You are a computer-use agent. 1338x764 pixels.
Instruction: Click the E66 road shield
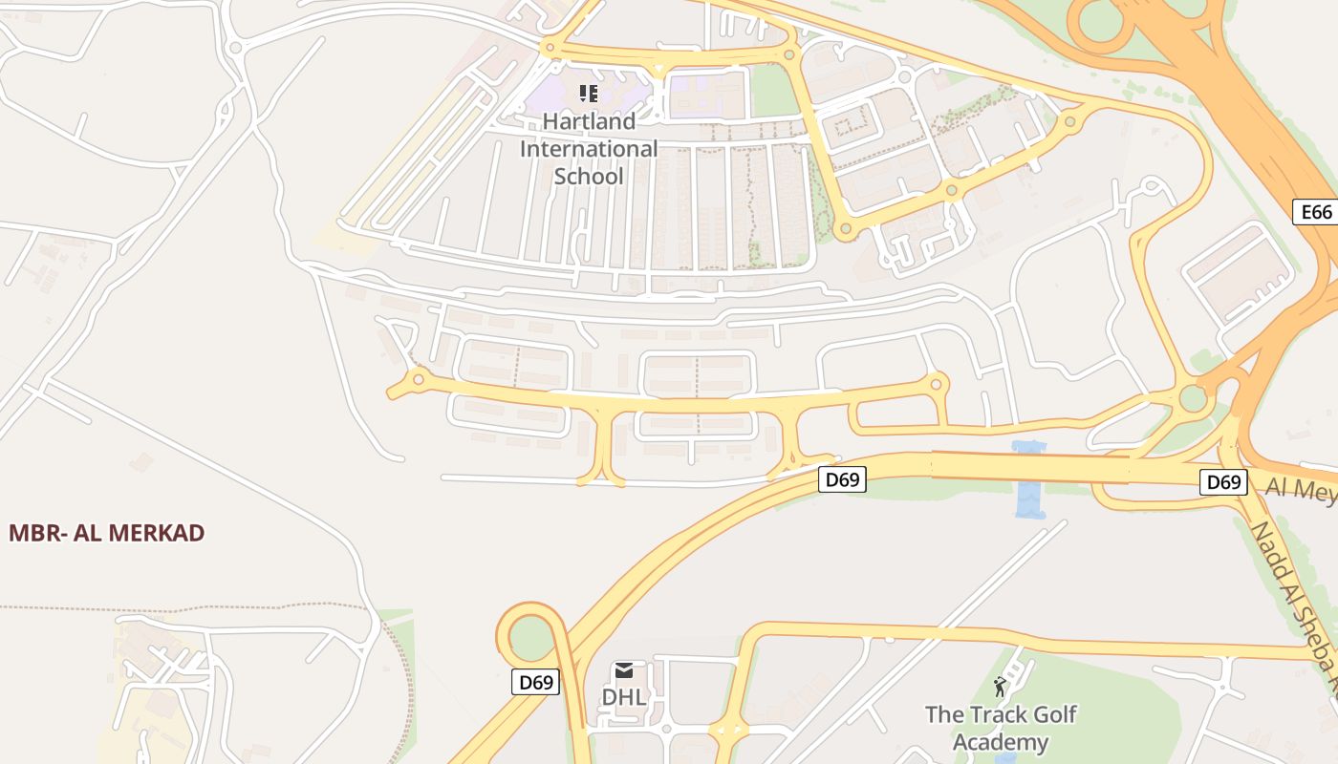(1315, 212)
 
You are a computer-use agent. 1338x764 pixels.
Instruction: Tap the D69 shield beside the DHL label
(535, 682)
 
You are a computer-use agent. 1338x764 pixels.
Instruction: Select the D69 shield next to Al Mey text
(1222, 482)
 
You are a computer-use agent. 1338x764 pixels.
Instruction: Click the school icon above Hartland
(589, 94)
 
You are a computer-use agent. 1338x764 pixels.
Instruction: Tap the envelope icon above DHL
(624, 670)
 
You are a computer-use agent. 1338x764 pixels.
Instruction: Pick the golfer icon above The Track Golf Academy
(1000, 687)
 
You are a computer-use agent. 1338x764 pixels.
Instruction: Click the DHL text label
(624, 697)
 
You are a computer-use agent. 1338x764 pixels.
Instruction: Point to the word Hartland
(589, 121)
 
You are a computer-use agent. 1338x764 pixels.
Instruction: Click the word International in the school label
(589, 149)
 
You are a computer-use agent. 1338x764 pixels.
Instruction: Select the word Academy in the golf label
(1001, 742)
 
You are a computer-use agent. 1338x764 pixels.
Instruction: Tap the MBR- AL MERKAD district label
(107, 533)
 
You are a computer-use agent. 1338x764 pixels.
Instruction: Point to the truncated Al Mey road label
(1301, 489)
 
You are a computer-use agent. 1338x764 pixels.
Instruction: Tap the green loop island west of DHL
(530, 637)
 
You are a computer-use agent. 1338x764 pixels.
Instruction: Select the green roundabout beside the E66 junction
(1193, 397)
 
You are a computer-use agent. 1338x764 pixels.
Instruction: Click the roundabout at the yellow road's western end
(418, 381)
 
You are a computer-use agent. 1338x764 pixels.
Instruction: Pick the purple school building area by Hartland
(554, 95)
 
